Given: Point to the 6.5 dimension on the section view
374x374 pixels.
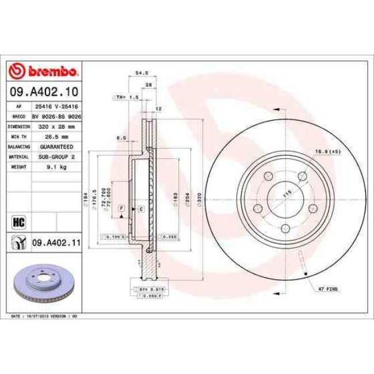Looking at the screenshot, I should (x=121, y=138).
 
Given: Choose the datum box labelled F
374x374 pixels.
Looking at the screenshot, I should (x=122, y=207).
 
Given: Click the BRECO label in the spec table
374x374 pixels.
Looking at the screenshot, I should (x=18, y=116).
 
